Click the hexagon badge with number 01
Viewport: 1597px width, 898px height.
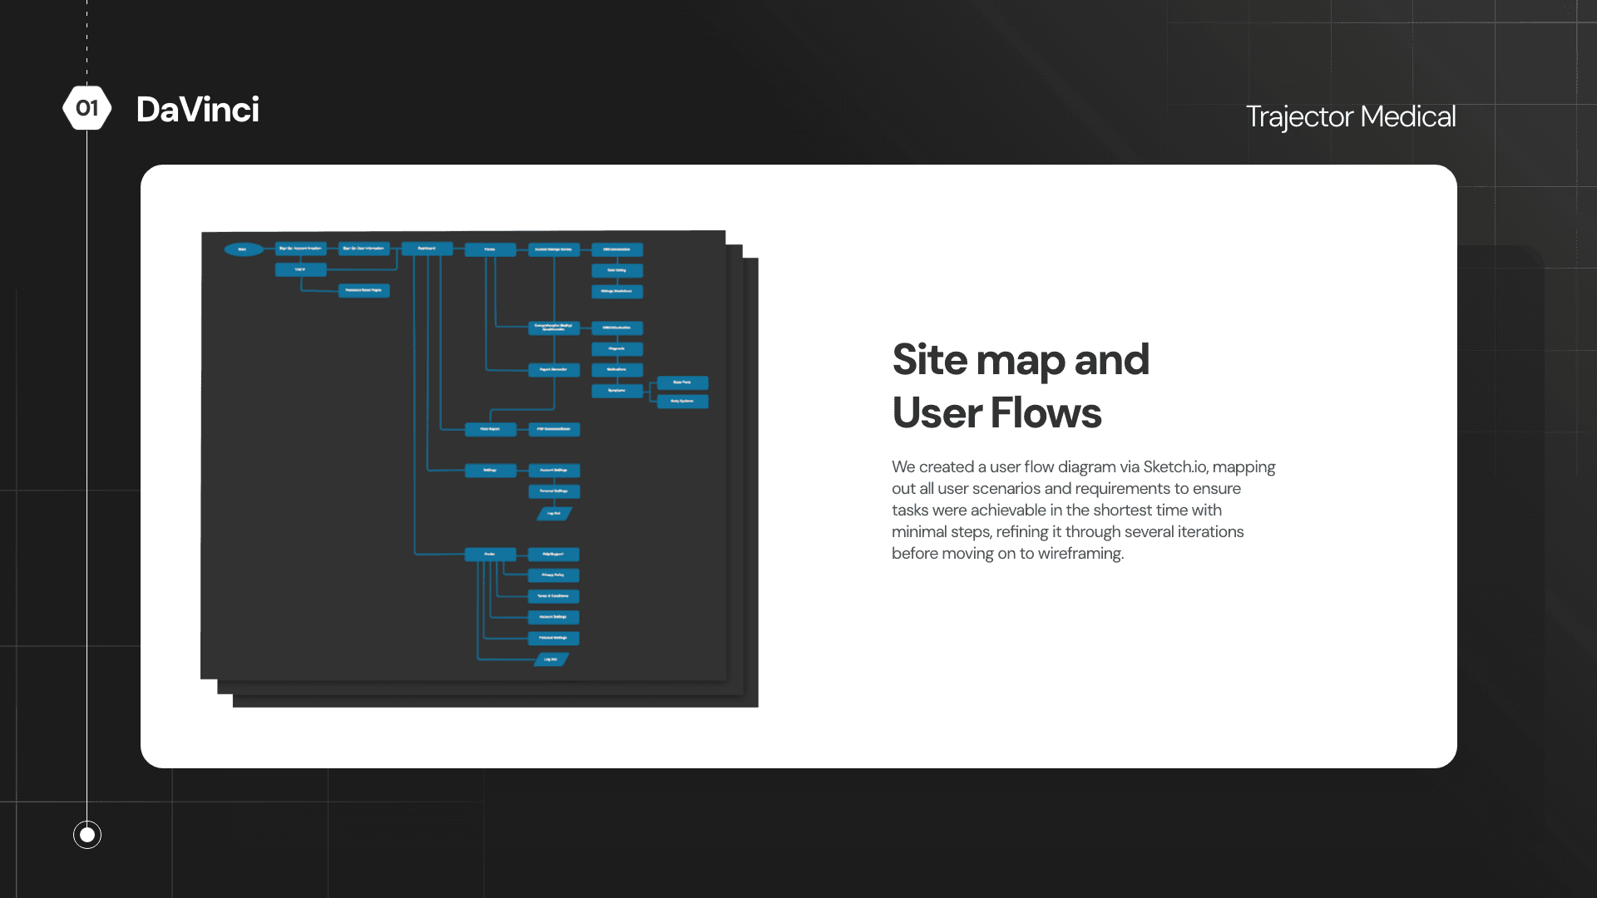[x=87, y=108]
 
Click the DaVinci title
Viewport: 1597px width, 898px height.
[x=198, y=110]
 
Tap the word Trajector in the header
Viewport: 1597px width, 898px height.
[x=1299, y=117]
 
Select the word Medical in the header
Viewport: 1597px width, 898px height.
[x=1408, y=117]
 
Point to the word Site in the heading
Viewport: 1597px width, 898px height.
[x=930, y=360]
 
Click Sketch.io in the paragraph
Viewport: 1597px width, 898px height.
[x=1174, y=467]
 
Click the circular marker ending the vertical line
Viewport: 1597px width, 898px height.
[x=87, y=834]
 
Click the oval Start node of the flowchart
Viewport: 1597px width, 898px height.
[x=243, y=249]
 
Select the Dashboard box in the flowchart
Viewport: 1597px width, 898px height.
[x=427, y=249]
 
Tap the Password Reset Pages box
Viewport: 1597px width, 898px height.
[x=363, y=290]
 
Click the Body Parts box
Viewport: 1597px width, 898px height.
[x=682, y=382]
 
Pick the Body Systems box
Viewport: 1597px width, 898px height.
[x=682, y=402]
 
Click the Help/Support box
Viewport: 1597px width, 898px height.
[x=553, y=554]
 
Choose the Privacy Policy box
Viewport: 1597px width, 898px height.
[x=553, y=575]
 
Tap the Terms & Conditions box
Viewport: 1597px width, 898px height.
[x=553, y=596]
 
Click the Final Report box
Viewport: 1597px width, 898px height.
[x=490, y=429]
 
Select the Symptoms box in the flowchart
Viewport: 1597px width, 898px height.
[x=616, y=391]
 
